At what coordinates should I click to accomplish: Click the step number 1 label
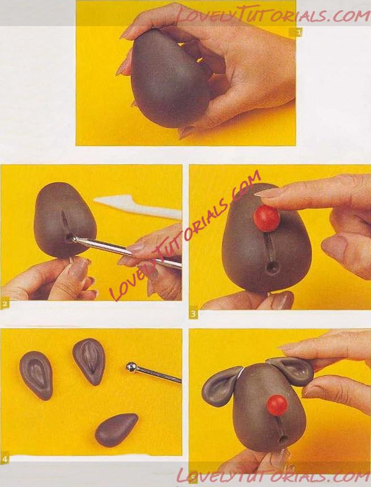tap(298, 32)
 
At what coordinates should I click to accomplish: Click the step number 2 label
tap(5, 304)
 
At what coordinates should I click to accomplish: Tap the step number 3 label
tap(194, 314)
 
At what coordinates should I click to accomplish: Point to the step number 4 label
tap(5, 459)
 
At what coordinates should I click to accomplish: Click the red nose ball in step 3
tap(266, 218)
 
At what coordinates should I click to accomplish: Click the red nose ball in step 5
tap(278, 405)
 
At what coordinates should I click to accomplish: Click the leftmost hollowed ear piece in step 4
tap(36, 375)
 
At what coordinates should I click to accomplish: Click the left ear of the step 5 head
tap(219, 386)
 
